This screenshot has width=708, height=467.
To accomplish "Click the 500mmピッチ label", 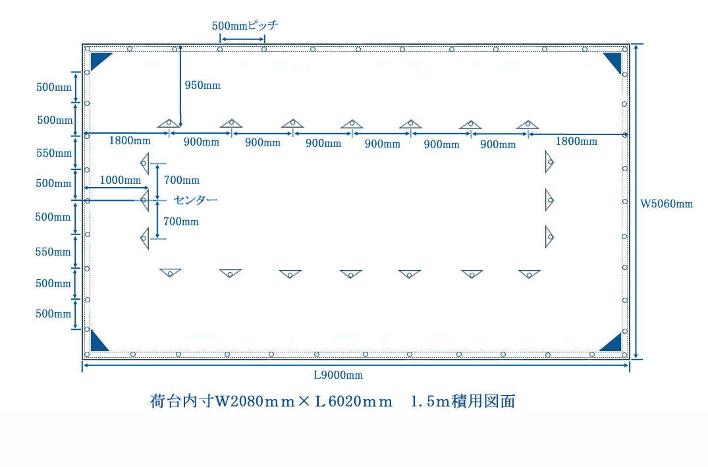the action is pyautogui.click(x=245, y=25).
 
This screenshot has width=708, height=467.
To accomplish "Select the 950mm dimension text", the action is pyautogui.click(x=202, y=86).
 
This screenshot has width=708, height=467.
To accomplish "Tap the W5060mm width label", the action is pyautogui.click(x=667, y=204).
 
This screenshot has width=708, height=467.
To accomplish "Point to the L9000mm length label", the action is pyautogui.click(x=339, y=375).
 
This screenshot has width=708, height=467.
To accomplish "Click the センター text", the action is pyautogui.click(x=196, y=200).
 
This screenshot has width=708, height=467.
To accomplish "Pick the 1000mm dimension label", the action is pyautogui.click(x=120, y=180).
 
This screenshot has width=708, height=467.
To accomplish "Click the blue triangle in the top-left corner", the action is pyautogui.click(x=100, y=61).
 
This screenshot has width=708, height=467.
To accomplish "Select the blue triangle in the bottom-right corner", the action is pyautogui.click(x=611, y=343).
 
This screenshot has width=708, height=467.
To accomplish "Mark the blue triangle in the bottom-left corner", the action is pyautogui.click(x=99, y=341).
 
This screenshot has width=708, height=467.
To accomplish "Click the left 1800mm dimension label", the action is pyautogui.click(x=130, y=140).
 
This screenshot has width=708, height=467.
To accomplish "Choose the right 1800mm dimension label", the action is pyautogui.click(x=576, y=142).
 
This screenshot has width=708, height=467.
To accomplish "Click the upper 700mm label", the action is pyautogui.click(x=182, y=180).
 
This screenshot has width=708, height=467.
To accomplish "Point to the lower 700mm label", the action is pyautogui.click(x=181, y=222).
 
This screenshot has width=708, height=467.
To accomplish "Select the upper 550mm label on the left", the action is pyautogui.click(x=54, y=153).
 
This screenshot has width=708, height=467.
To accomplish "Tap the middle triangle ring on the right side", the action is pyautogui.click(x=549, y=200).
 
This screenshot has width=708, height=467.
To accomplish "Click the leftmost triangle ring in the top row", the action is pyautogui.click(x=169, y=123).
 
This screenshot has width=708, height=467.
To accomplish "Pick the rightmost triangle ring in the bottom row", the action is pyautogui.click(x=530, y=274).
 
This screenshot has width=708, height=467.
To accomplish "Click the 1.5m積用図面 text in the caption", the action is pyautogui.click(x=463, y=401).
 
